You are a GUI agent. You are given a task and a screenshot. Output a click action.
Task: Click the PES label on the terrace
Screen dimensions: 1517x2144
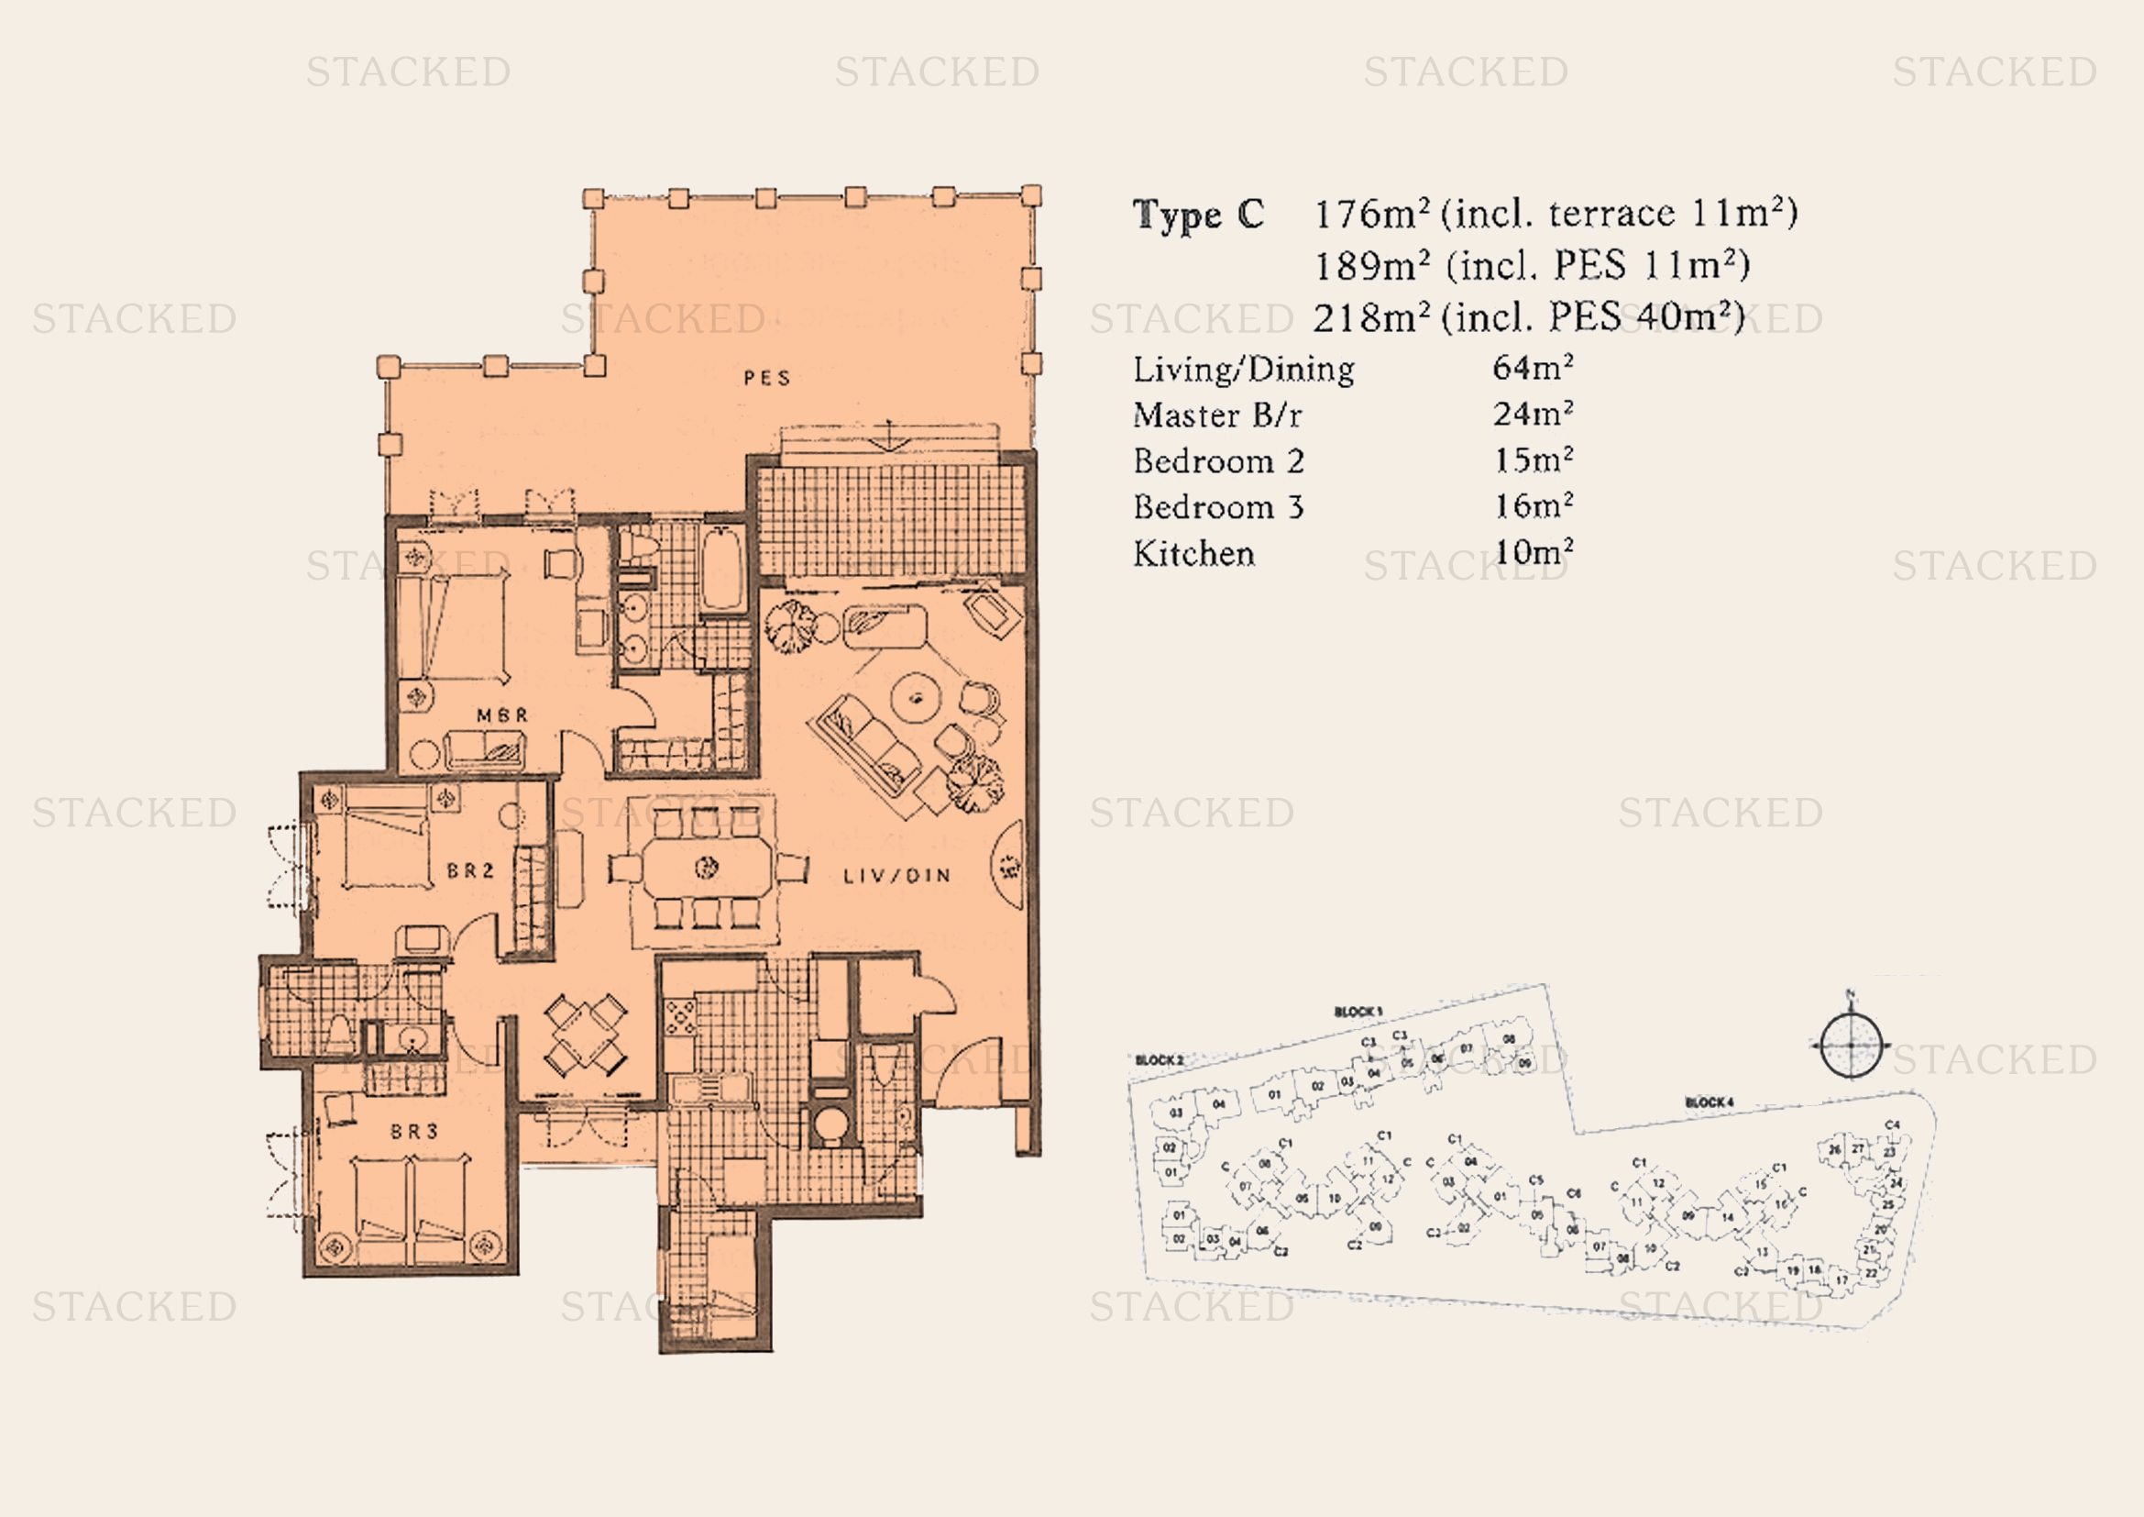click(766, 378)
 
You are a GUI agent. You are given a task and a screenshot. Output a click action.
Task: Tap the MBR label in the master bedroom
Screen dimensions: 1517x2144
click(502, 715)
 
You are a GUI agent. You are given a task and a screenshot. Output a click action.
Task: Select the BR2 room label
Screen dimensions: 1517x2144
click(469, 870)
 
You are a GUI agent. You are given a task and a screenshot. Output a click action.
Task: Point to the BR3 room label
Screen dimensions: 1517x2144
click(413, 1131)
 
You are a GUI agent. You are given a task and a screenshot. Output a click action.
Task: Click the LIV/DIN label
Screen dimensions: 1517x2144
click(896, 876)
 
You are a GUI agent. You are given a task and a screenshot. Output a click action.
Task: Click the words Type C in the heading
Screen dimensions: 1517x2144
click(1198, 215)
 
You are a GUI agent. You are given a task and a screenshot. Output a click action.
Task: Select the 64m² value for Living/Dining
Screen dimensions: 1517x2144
click(1533, 367)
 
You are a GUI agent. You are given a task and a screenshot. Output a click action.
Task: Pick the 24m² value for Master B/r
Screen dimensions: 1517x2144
click(1533, 413)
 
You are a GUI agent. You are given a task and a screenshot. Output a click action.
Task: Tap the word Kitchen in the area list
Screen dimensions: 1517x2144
click(1193, 553)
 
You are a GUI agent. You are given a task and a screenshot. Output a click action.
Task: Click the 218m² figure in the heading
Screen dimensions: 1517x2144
click(1370, 317)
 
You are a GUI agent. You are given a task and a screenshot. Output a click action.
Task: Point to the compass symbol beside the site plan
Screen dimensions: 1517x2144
click(1850, 1045)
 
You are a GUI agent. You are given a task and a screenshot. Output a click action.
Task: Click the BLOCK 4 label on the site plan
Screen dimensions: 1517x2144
click(1709, 1102)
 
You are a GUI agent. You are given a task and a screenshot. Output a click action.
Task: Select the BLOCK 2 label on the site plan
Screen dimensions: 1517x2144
click(1159, 1060)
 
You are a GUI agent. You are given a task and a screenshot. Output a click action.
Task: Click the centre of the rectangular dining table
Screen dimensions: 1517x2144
click(707, 868)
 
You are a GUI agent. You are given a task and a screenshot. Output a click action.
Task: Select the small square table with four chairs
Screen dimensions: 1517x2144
click(586, 1035)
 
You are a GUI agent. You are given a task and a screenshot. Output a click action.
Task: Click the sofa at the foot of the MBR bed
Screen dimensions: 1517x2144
click(485, 749)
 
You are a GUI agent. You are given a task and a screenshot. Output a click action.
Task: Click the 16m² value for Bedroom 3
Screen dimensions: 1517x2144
click(1533, 506)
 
